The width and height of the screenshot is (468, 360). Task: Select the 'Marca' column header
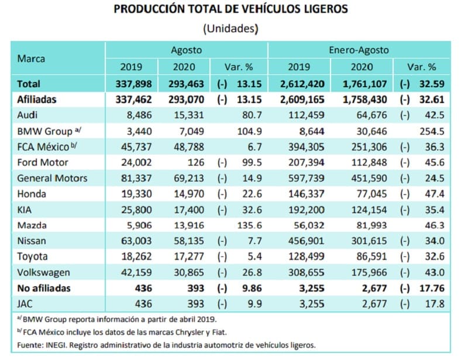pyautogui.click(x=32, y=59)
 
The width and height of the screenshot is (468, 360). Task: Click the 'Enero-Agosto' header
pyautogui.click(x=359, y=50)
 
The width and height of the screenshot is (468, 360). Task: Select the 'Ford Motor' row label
pyautogui.click(x=42, y=163)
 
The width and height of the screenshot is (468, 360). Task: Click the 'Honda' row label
pyautogui.click(x=32, y=194)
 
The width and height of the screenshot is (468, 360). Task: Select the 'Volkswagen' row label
pyautogui.click(x=43, y=272)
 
